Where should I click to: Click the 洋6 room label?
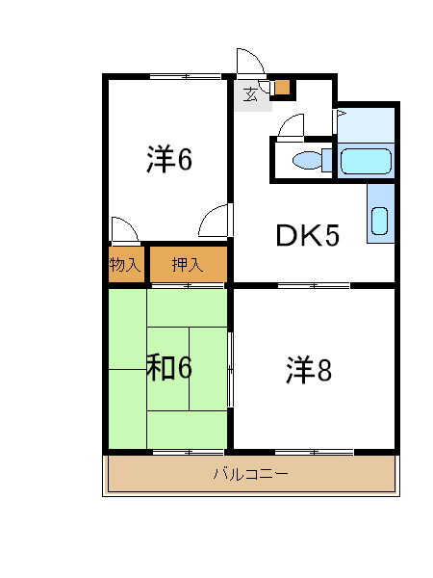169,159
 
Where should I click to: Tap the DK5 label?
307,236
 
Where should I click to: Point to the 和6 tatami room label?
169,367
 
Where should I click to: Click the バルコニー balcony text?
249,474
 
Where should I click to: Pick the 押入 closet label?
187,265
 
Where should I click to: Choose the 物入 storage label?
125,265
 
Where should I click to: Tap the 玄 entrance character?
250,93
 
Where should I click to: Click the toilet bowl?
309,161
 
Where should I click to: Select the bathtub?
366,161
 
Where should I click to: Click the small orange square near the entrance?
282,88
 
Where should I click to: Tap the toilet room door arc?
291,125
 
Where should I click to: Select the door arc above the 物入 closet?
125,229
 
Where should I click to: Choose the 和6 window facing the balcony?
188,451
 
